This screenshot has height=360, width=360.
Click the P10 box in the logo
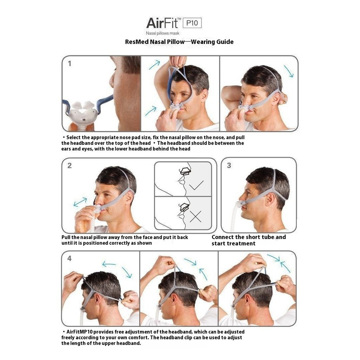[x=192, y=23]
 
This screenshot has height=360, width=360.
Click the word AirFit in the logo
[x=162, y=23]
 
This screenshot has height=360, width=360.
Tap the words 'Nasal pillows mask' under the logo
[x=162, y=33]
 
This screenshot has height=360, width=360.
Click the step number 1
[x=70, y=64]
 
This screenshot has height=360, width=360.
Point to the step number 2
[x=70, y=166]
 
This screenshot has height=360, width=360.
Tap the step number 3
[x=229, y=166]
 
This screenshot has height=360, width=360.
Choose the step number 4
[x=69, y=258]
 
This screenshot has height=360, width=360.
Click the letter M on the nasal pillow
[x=84, y=120]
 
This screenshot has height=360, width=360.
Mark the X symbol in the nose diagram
[x=195, y=217]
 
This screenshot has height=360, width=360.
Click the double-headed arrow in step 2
[x=80, y=202]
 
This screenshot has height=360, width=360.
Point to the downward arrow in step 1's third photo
[x=289, y=71]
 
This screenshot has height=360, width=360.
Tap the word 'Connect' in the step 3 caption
[x=223, y=237]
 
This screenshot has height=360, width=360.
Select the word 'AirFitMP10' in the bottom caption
[x=79, y=332]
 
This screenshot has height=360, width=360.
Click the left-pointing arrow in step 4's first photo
[x=109, y=264]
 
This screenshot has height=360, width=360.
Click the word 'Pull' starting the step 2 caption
[x=66, y=237]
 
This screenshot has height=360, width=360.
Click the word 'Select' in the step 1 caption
[x=73, y=137]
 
